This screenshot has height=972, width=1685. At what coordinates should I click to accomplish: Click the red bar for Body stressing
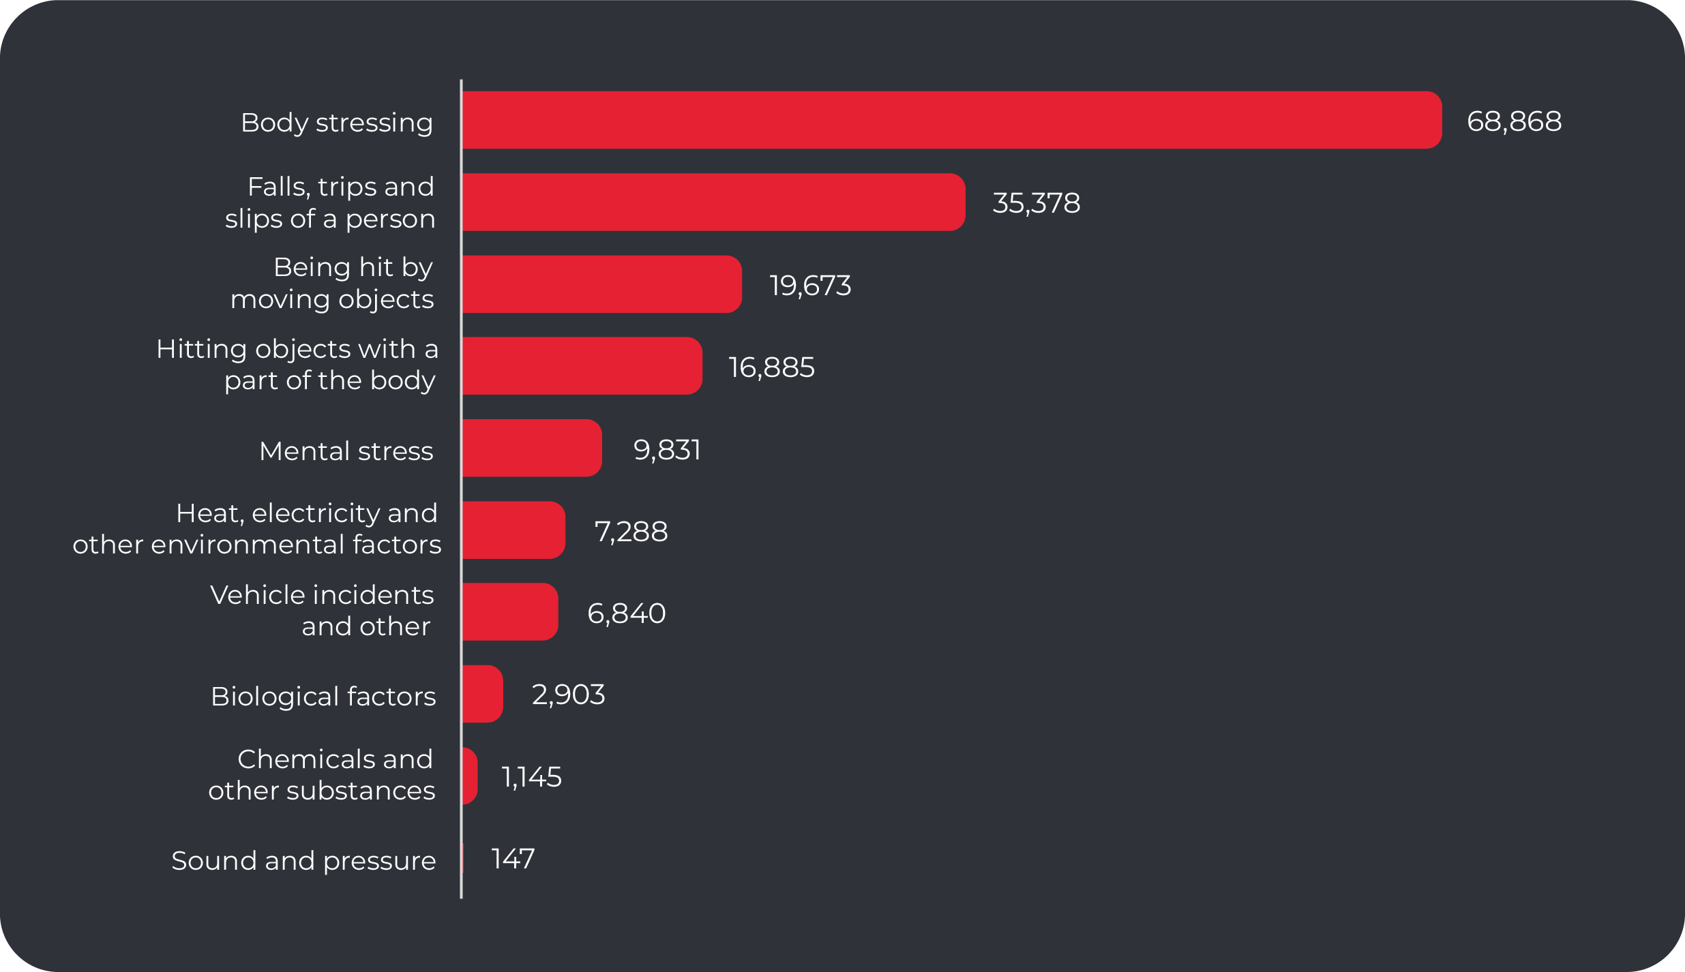point(952,120)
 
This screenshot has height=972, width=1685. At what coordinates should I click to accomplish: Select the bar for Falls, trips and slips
point(713,202)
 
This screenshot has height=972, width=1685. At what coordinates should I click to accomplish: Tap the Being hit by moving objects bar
point(601,284)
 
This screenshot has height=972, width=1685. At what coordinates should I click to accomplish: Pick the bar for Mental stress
point(532,448)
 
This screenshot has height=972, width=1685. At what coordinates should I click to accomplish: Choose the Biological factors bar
point(482,694)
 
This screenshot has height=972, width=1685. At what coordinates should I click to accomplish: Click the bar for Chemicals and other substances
point(470,776)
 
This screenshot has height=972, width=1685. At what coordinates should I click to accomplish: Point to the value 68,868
point(1514,121)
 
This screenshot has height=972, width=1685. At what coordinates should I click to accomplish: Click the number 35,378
point(1036,203)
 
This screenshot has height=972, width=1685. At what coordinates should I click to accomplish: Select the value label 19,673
point(810,286)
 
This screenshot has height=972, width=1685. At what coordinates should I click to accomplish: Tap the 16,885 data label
point(771,367)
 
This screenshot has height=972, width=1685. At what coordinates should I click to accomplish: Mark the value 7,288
point(631,532)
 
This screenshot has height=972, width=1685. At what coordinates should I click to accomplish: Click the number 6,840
point(626,613)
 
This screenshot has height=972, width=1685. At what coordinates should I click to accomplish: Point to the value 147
point(513,859)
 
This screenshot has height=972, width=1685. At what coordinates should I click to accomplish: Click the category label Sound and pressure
point(303,861)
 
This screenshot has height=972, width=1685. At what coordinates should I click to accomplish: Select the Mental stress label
point(346,451)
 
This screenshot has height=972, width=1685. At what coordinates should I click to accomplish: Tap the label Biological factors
point(323,697)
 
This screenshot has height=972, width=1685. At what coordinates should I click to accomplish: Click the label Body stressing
point(337,123)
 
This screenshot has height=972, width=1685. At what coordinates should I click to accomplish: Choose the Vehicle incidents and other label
point(322,611)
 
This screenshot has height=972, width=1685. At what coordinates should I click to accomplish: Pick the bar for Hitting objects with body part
point(582,366)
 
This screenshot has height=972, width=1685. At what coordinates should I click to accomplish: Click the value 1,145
point(531,777)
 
